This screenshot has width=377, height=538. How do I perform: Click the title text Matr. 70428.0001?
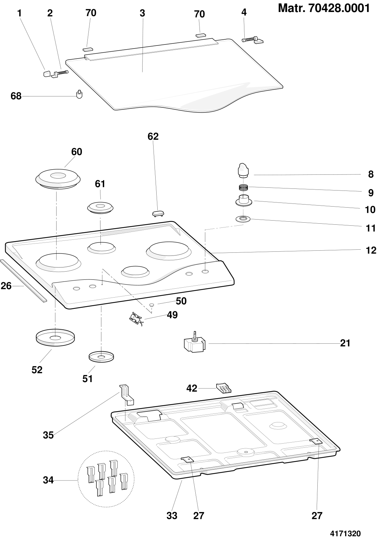pyautogui.click(x=324, y=9)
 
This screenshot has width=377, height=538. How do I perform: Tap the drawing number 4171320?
pyautogui.click(x=345, y=534)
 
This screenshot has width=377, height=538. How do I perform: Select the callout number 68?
pyautogui.click(x=16, y=96)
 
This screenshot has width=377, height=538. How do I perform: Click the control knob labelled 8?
pyautogui.click(x=243, y=170)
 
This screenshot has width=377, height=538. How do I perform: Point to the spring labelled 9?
pyautogui.click(x=244, y=187)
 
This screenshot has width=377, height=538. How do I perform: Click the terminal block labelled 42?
pyautogui.click(x=224, y=389)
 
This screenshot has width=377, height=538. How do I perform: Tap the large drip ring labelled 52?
pyautogui.click(x=55, y=338)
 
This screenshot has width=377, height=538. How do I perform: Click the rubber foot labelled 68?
pyautogui.click(x=79, y=94)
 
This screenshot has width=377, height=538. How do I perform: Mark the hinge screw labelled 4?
pyautogui.click(x=253, y=40)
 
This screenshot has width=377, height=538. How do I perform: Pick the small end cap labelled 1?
pyautogui.click(x=47, y=74)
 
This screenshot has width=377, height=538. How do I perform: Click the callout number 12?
pyautogui.click(x=371, y=250)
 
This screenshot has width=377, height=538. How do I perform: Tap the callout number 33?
pyautogui.click(x=172, y=516)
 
